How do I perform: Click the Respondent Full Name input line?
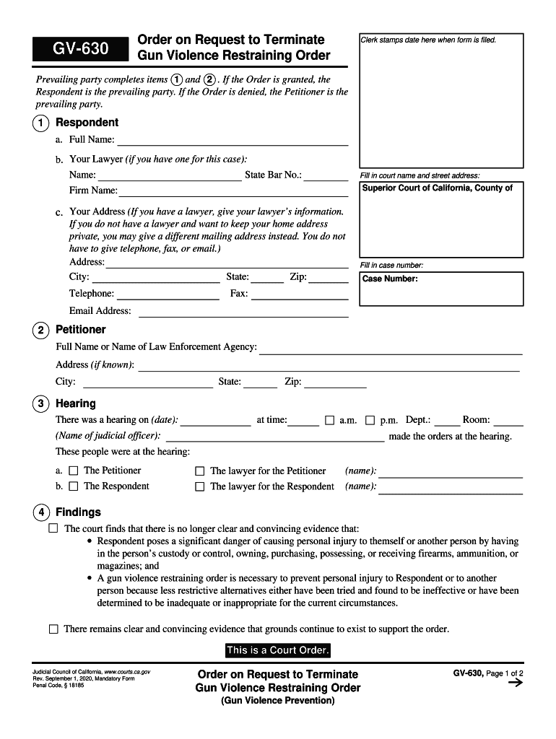point(232,140)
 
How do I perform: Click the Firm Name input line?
point(233,191)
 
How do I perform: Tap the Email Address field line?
point(243,312)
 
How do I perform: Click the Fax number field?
point(300,294)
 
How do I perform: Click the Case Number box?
point(440,289)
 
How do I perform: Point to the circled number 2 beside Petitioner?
point(42,331)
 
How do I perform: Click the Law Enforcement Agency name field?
point(390,348)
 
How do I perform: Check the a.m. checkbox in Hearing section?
point(329,420)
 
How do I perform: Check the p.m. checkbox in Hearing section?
point(370,420)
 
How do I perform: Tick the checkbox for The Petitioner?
point(73,471)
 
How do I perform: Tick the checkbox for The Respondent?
point(73,486)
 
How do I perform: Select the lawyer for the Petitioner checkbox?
point(200,471)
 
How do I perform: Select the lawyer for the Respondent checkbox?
point(200,487)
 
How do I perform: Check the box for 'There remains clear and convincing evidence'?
point(53,629)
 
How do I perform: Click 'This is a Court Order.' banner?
point(278,650)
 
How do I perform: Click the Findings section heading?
point(78,512)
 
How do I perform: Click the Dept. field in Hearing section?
point(446,421)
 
